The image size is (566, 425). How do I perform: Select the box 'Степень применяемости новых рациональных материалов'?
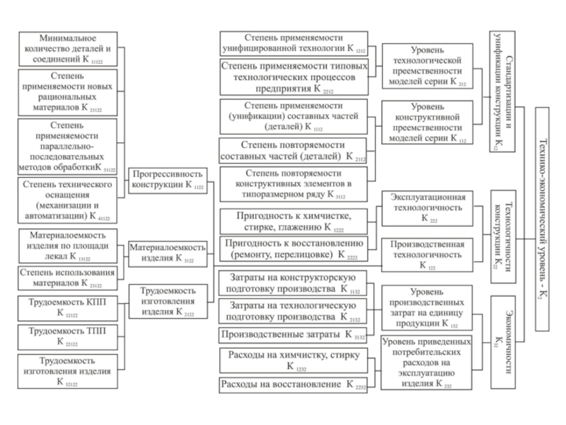(67, 92)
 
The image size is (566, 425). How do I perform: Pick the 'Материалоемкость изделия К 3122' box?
(167, 252)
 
